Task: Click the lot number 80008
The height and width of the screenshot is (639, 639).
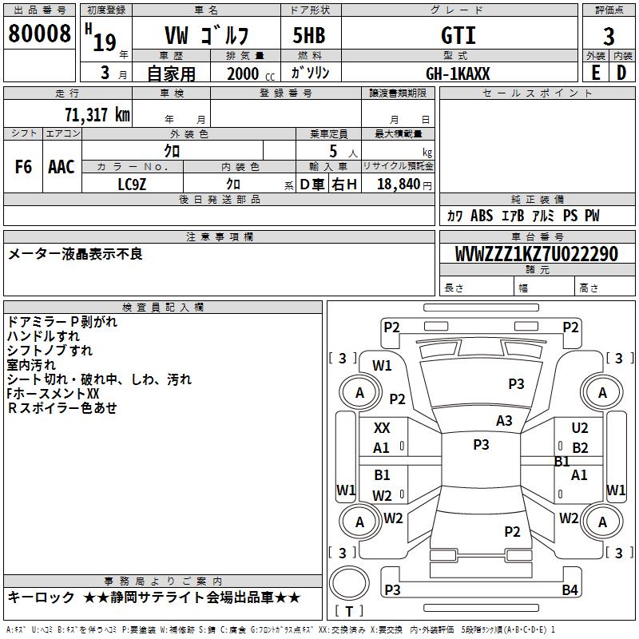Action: click(39, 34)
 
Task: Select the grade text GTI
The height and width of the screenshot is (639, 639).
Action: click(458, 35)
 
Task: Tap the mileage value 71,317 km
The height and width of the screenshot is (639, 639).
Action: click(97, 114)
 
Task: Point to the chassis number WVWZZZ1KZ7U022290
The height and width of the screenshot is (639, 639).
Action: click(536, 254)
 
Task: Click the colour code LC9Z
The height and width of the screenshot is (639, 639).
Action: click(132, 184)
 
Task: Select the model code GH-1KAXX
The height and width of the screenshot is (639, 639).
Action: click(458, 73)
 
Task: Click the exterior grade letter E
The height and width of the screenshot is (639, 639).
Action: click(595, 73)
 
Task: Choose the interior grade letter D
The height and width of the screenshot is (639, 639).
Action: click(621, 73)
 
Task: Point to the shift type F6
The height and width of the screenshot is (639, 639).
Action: click(23, 167)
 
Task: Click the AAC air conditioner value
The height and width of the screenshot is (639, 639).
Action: click(62, 167)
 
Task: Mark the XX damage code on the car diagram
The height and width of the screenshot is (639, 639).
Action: click(382, 428)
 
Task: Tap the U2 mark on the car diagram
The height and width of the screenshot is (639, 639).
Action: click(580, 428)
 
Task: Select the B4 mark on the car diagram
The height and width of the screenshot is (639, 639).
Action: click(570, 590)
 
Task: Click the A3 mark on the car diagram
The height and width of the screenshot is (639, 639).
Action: click(504, 420)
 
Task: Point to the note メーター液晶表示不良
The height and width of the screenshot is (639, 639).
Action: click(75, 254)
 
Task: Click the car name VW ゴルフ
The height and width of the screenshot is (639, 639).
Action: click(206, 35)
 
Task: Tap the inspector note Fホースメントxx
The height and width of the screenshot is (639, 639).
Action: click(53, 394)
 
